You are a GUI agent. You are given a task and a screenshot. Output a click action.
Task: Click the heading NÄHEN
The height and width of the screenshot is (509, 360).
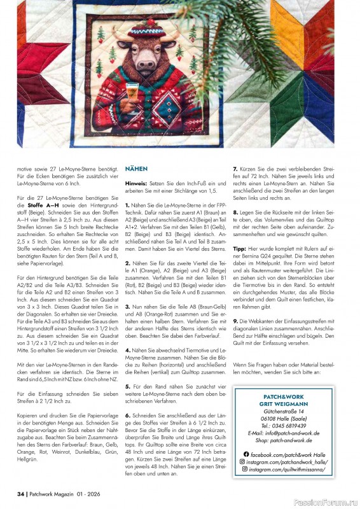(x=136, y=169)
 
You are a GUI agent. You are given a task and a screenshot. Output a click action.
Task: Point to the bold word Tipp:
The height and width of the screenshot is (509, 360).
(x=239, y=249)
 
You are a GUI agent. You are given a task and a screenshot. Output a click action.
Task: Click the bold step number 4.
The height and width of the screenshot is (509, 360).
(x=127, y=350)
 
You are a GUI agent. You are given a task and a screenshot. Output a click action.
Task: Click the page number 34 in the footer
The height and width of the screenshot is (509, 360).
(x=20, y=493)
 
